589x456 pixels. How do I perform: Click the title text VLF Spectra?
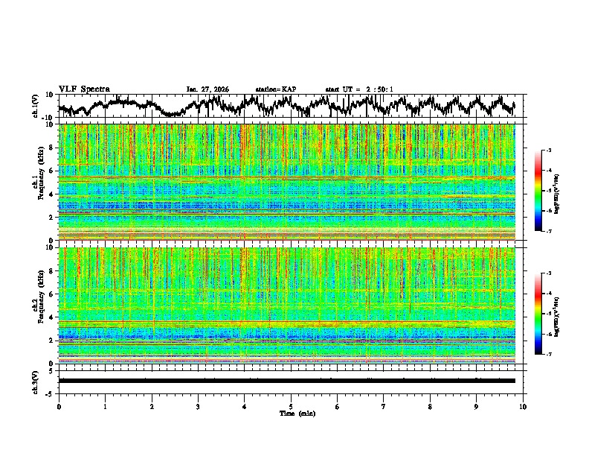(x=84, y=89)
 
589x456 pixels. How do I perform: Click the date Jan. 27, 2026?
(x=207, y=89)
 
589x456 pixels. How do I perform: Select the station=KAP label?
(x=275, y=89)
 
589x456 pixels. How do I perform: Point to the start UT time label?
(x=359, y=89)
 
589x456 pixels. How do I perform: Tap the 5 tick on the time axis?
(x=291, y=407)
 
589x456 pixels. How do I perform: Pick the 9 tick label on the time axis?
(x=477, y=407)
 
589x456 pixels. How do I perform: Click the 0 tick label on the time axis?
(x=59, y=407)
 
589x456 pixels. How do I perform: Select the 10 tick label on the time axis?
(x=523, y=407)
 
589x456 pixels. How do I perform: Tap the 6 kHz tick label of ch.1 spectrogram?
(x=52, y=171)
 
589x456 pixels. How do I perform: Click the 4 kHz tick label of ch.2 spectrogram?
(x=52, y=317)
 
